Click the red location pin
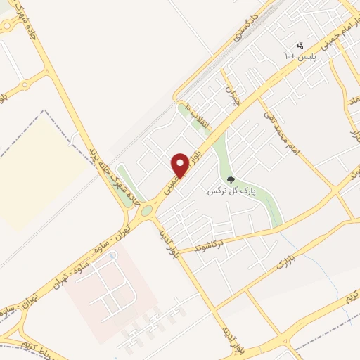[181, 165]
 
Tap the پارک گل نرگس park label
[232, 191]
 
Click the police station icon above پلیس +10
[301, 45]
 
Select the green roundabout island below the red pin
[147, 210]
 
